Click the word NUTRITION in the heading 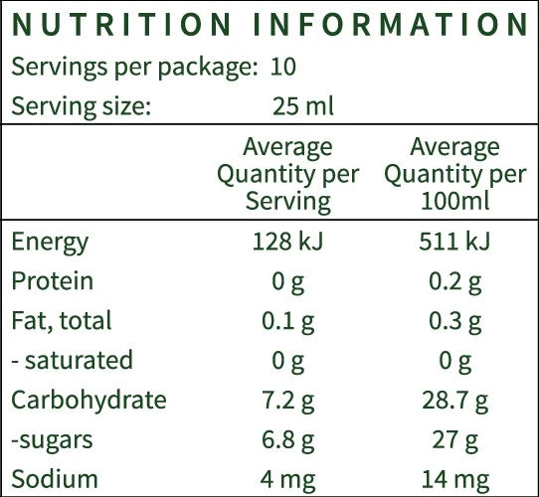click(121, 25)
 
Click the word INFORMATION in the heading click(391, 25)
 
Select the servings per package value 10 click(282, 67)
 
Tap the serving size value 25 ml click(303, 106)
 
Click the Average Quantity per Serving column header click(288, 174)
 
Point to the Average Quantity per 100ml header click(455, 174)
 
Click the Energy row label click(50, 243)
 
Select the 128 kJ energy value click(288, 242)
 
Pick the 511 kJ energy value click(454, 242)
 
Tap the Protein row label click(53, 281)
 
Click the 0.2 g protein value click(454, 283)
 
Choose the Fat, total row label click(62, 321)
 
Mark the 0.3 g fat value click(454, 322)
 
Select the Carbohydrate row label click(90, 401)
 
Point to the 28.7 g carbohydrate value click(455, 402)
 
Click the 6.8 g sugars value click(288, 441)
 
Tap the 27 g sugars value click(454, 441)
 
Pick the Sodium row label click(55, 479)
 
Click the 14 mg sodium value click(455, 481)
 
